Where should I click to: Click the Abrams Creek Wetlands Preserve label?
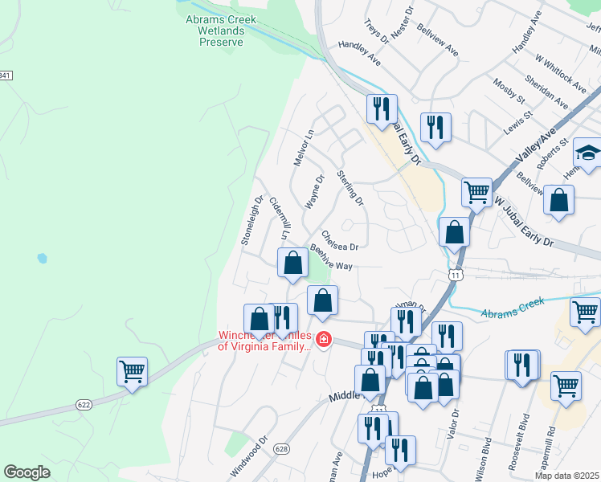point(221,31)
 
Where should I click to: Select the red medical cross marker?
point(323,341)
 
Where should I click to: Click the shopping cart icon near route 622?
point(132,372)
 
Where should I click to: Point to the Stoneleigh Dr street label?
point(252,221)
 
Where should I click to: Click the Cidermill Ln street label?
point(279,219)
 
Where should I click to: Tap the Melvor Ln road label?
point(301,148)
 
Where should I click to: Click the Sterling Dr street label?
point(350,187)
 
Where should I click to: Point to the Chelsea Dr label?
point(340,240)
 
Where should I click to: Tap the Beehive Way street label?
point(331,259)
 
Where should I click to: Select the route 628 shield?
point(281,448)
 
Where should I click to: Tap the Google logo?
point(27,472)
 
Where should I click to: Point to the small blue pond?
point(41,259)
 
